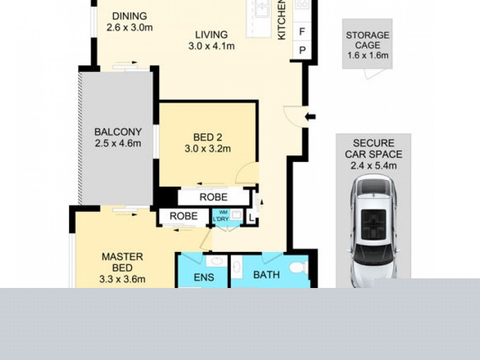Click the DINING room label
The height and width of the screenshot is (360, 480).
click(129, 16)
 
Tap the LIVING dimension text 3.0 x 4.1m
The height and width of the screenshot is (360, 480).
click(211, 46)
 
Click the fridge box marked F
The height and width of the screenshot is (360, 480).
click(302, 31)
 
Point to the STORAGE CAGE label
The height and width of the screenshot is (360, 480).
click(367, 40)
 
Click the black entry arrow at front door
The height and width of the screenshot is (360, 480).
click(310, 116)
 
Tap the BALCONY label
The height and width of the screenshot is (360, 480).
click(118, 132)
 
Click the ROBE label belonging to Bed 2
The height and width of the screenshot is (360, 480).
click(213, 197)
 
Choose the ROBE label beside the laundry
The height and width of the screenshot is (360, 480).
click(183, 217)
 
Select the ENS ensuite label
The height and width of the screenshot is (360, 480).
click(202, 277)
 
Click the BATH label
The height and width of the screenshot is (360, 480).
click(266, 275)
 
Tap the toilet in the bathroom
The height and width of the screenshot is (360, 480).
click(297, 268)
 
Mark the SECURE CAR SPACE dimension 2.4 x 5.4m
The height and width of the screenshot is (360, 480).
click(373, 166)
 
